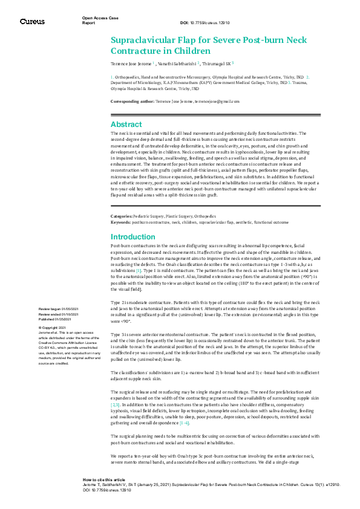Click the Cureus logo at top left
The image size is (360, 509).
32,21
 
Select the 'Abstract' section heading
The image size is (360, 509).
126,124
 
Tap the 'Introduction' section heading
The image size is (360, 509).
133,237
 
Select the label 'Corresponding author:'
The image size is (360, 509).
133,102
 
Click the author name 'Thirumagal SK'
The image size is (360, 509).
217,63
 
